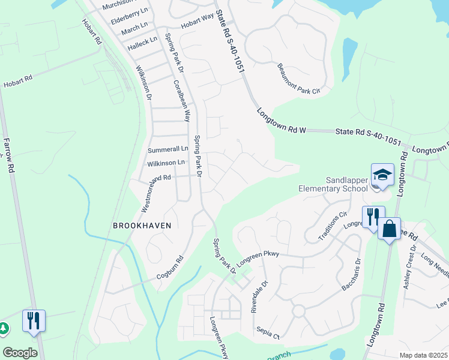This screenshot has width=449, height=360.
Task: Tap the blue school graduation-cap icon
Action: pyautogui.click(x=382, y=175)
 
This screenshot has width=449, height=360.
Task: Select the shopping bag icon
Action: pyautogui.click(x=389, y=229)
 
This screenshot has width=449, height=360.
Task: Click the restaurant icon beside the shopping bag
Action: pyautogui.click(x=373, y=217)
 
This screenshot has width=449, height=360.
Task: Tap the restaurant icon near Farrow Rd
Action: pyautogui.click(x=34, y=320)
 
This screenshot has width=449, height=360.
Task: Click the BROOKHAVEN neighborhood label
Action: pyautogui.click(x=142, y=226)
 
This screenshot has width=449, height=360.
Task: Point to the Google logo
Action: pyautogui.click(x=20, y=353)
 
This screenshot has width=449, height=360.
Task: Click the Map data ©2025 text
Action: pyautogui.click(x=423, y=355)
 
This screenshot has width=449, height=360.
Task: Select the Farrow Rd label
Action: pyautogui.click(x=8, y=155)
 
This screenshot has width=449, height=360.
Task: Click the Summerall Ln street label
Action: pyautogui.click(x=168, y=149)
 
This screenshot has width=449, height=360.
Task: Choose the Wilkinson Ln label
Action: pyautogui.click(x=166, y=163)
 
